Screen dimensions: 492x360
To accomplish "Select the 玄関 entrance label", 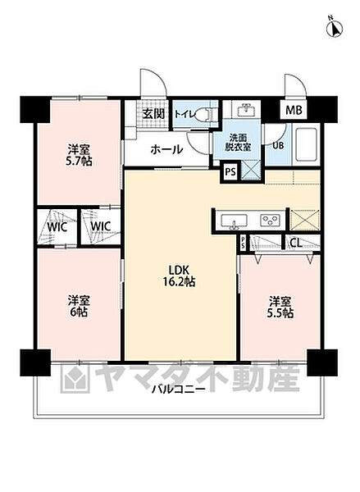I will coord(153,115).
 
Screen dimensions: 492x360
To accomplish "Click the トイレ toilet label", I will coord(185,115).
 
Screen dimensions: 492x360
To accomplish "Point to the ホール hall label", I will coord(166,150).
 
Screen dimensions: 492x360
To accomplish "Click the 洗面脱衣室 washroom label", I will coord(243,143).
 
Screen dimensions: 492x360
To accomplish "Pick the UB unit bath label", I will coord(278,144).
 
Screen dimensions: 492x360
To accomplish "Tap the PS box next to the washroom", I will coord(230,172).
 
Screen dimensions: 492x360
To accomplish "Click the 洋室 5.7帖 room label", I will coord(79,156).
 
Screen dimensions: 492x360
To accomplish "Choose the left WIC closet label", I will coord(56,225).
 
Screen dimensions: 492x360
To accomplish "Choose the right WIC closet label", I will coord(100,225).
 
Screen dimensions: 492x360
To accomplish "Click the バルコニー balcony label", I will coord(178,389).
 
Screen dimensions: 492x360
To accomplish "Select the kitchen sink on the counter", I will coord(234,220).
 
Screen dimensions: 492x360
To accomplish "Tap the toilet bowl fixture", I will coord(207,115).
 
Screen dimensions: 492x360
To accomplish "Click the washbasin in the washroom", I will coord(244,110).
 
